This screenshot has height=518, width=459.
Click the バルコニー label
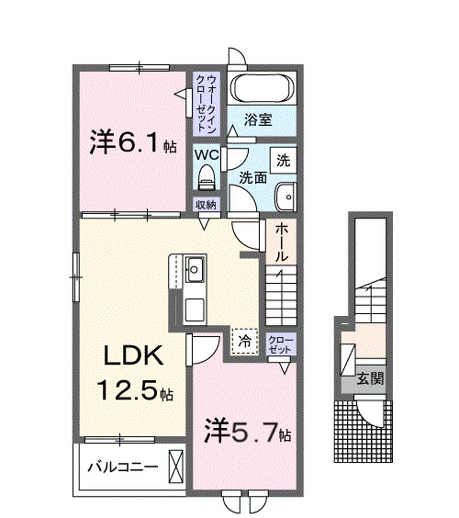coord(122,466)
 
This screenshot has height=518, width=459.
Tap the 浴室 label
coord(258,119)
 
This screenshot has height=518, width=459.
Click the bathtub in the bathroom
coord(261,90)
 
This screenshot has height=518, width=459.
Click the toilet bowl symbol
coord(206,175)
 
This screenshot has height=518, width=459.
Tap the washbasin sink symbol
coord(285,194)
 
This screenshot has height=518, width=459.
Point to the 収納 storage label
coord(205,204)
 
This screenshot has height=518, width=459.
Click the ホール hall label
coord(282,242)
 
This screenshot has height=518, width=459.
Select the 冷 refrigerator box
coord(244,341)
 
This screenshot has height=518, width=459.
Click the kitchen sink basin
coord(196,271)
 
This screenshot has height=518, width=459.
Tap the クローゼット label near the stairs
coord(280,345)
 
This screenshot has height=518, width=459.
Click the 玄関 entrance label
coord(371,378)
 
